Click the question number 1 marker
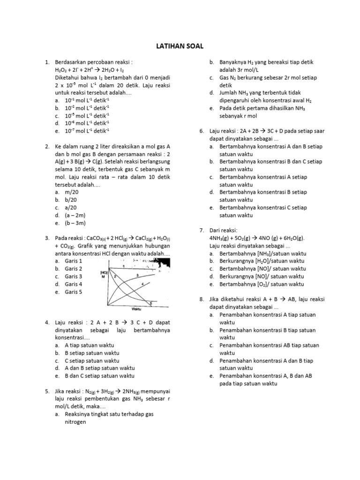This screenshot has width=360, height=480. coord(47,62)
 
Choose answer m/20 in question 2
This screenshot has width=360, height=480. coord(72,192)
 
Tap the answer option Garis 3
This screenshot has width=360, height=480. coord(74,277)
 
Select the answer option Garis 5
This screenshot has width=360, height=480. coord(74,292)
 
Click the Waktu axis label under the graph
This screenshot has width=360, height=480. coord(136,309)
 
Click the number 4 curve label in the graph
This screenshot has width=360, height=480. coord(142,284)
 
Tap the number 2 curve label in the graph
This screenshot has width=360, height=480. coord(114,277)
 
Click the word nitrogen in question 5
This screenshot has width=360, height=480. coord(75,422)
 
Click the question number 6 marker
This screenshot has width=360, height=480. coord(202,131)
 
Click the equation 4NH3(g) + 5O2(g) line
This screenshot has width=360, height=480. coord(257,238)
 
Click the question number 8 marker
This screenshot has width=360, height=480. coord(202,300)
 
